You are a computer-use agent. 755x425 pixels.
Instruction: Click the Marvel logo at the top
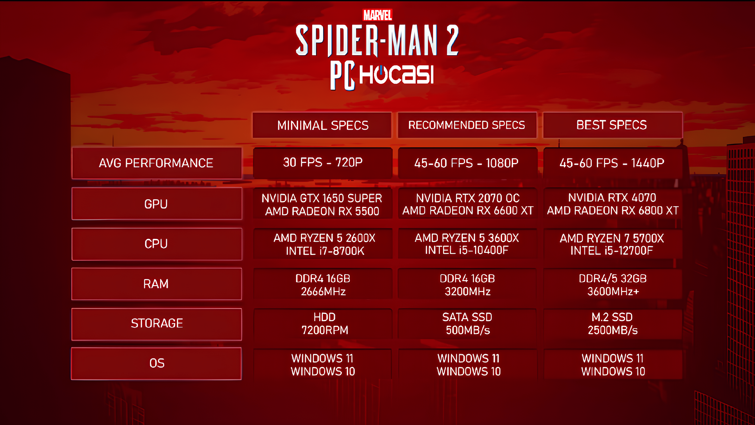coord(377,15)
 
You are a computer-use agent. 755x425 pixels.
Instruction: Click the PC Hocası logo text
coord(382,75)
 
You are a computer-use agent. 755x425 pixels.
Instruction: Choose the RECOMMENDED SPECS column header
coord(467,125)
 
